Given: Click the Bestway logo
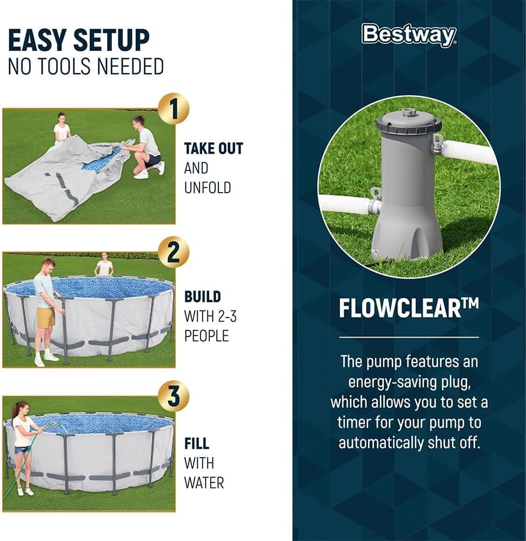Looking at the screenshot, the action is coord(409,35).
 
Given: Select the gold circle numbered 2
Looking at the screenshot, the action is coord(174,252).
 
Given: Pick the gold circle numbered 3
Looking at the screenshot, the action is coord(174,396).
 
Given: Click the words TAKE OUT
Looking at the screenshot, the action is coord(214,148).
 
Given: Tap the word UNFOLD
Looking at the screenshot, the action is coord(208,188).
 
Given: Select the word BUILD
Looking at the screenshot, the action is coord(203,296).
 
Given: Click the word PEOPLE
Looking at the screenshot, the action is coord(207,336).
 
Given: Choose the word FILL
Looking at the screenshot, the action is coord(197,444).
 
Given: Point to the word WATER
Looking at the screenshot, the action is coord(204,483).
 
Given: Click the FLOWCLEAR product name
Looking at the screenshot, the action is coord(409,308).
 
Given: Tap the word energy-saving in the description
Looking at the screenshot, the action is coord(390,382).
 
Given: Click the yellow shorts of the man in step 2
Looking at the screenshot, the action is coord(46,318).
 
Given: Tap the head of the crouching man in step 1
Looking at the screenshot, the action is coord(138,122).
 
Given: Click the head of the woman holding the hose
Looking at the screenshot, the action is coord(21,408).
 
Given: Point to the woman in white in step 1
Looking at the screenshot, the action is coord(62,129).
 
